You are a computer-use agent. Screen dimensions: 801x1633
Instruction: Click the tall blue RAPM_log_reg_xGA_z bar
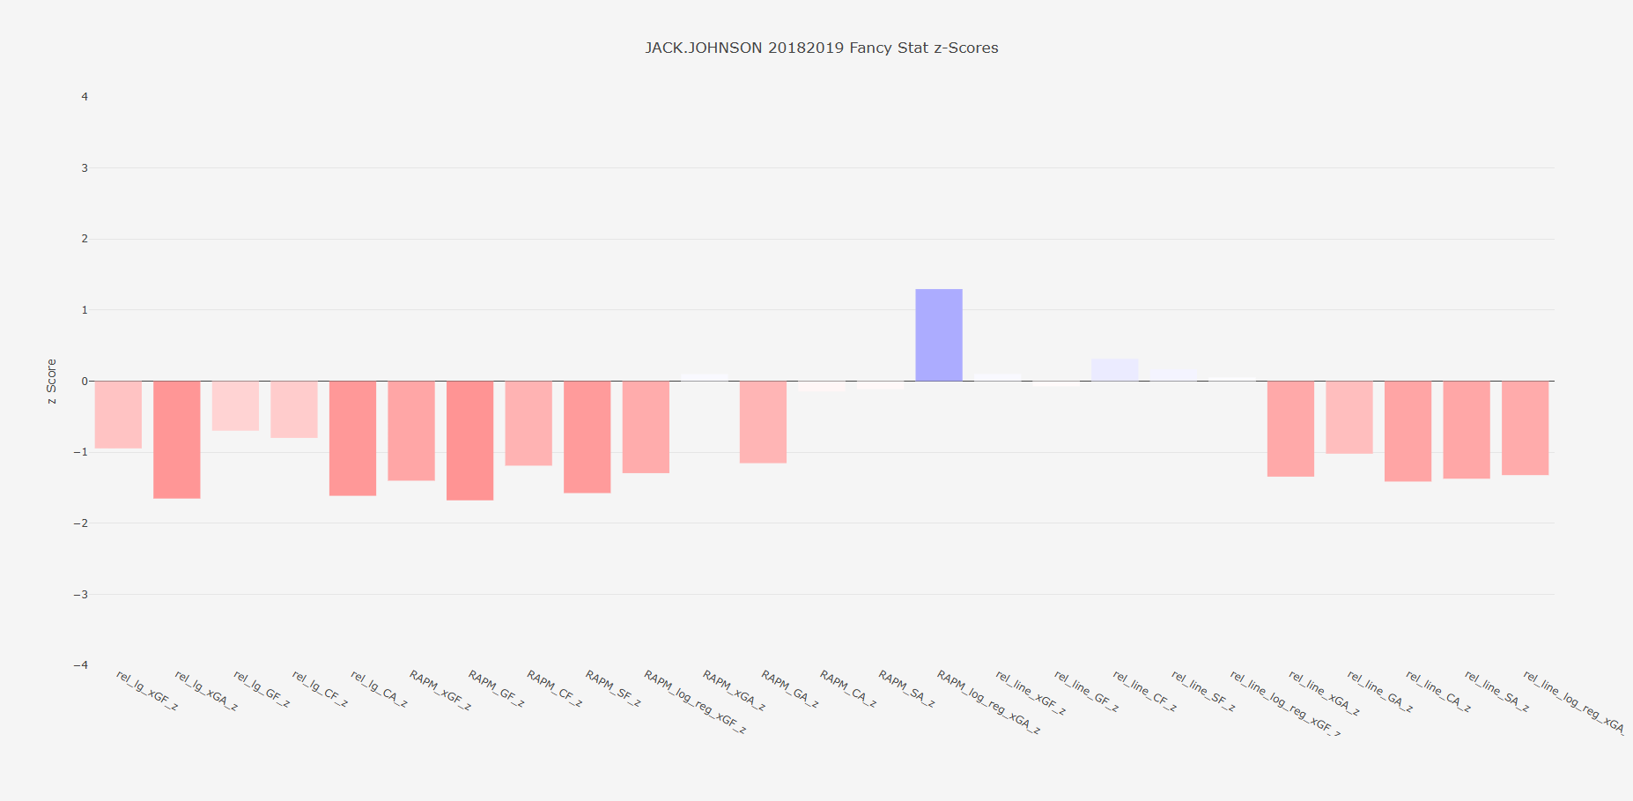point(938,335)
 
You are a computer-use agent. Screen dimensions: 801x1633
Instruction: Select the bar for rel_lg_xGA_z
point(176,439)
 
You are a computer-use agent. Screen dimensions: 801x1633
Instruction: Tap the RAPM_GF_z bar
point(469,440)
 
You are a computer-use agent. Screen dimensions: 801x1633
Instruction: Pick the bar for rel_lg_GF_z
point(235,405)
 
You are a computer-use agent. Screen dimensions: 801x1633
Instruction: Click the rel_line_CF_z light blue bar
point(1114,370)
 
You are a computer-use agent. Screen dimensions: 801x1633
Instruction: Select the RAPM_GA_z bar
point(763,421)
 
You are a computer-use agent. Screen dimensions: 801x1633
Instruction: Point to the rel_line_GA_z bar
point(1349,417)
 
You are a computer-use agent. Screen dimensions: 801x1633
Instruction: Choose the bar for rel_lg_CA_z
point(352,438)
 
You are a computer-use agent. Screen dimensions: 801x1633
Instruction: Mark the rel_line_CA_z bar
point(1408,431)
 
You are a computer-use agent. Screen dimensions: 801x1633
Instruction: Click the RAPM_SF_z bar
point(587,436)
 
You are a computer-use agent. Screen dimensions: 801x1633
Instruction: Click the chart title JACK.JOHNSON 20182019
point(821,48)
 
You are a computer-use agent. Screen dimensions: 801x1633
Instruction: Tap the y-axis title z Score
point(52,381)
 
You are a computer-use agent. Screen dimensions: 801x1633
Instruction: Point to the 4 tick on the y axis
point(85,97)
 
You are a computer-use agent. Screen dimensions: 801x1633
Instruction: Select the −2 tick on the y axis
point(81,523)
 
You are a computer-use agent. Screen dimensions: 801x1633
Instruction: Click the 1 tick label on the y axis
point(85,310)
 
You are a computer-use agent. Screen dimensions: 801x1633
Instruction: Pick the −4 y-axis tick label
point(81,665)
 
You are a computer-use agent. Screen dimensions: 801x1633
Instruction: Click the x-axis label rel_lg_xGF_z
point(147,691)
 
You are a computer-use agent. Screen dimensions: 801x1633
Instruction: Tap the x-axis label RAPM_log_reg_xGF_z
point(695,702)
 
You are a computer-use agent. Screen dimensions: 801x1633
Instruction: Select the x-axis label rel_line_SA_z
point(1496,692)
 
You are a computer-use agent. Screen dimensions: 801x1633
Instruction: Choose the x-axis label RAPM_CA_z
point(848,689)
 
